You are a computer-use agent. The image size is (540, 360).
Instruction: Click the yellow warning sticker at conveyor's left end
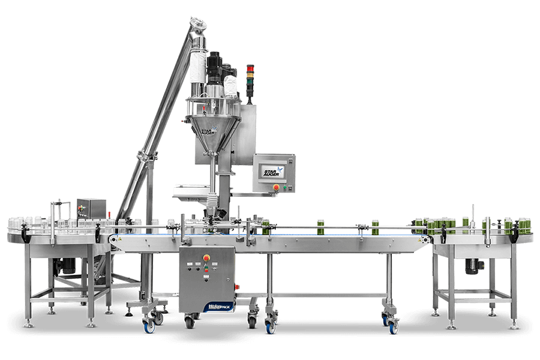(119, 239)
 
